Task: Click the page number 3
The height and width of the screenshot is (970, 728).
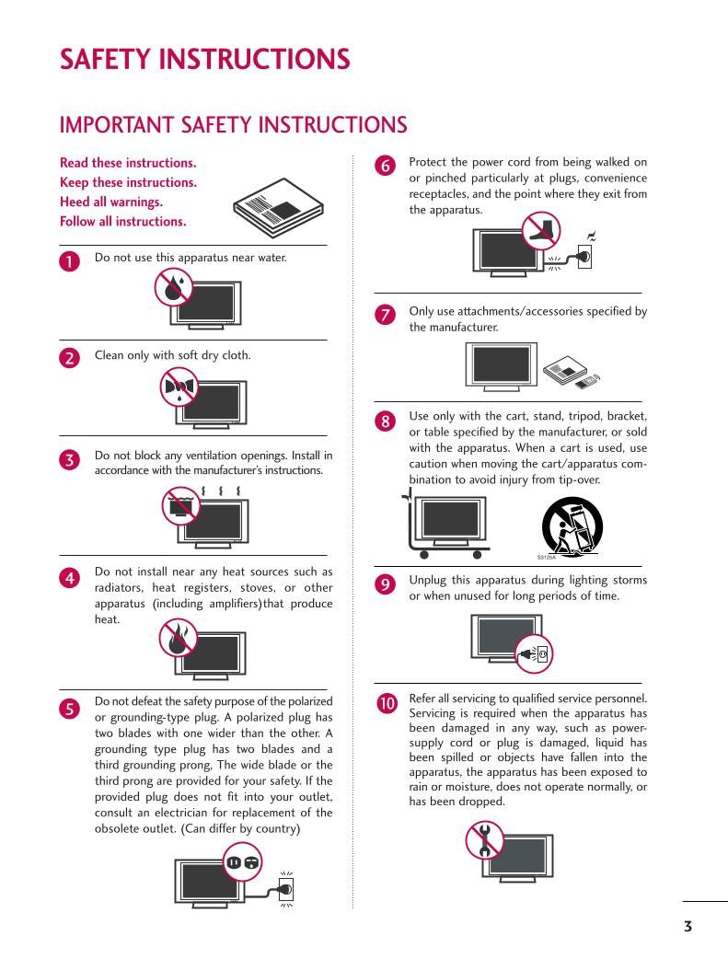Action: tap(688, 926)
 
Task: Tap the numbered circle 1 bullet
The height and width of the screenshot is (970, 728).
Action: tap(70, 261)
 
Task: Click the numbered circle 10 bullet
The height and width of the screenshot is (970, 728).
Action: tap(387, 703)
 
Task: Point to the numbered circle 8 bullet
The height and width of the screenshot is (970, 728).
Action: tap(387, 421)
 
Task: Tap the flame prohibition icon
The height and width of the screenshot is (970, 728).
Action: tap(177, 637)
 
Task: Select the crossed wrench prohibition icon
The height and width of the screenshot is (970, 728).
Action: tap(484, 839)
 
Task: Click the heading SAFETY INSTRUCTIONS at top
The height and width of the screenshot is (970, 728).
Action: tap(204, 60)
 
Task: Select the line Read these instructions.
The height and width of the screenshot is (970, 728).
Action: tap(128, 163)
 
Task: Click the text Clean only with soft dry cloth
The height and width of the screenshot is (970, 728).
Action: tap(172, 355)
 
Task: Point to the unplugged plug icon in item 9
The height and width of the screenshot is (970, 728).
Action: tap(535, 653)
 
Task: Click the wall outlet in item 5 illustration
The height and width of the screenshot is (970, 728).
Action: tap(286, 889)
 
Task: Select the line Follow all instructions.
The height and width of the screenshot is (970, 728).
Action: tap(123, 221)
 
